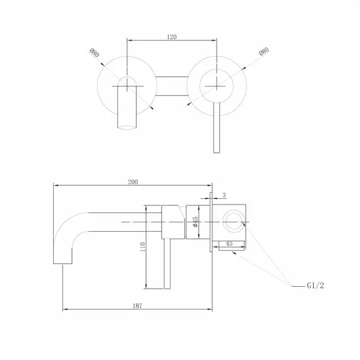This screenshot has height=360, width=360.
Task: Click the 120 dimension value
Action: click(172, 37)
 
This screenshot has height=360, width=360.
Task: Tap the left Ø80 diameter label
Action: click(94, 53)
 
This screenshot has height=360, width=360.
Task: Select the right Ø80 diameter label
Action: click(264, 51)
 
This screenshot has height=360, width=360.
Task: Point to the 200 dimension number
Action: click(133, 182)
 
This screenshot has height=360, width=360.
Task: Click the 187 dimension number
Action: click(137, 306)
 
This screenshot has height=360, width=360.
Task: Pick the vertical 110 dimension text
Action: click(142, 247)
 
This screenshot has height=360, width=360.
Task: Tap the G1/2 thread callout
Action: click(315, 285)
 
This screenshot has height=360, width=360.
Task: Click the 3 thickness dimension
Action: click(224, 195)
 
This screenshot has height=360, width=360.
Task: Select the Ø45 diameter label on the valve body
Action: click(195, 222)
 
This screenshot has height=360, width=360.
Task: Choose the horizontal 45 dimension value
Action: click(229, 243)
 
